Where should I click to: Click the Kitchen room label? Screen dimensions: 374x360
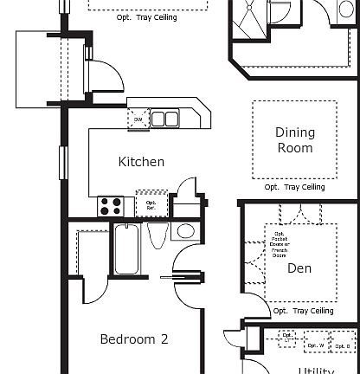point(141,162)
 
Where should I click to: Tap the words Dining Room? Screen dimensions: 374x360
point(294,140)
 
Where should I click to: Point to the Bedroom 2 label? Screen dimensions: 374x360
point(133,339)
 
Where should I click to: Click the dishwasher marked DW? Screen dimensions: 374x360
point(138,119)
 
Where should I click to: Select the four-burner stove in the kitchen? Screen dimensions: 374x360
point(111,206)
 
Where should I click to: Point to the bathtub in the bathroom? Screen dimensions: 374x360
point(126,248)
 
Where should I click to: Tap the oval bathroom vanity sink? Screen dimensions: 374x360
point(183,231)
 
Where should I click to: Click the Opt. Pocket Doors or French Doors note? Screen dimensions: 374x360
point(280,244)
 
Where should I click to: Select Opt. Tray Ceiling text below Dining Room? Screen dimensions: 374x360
point(294,187)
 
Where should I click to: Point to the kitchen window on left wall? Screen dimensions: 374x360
point(61,163)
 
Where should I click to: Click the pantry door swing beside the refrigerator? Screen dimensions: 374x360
point(185,189)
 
